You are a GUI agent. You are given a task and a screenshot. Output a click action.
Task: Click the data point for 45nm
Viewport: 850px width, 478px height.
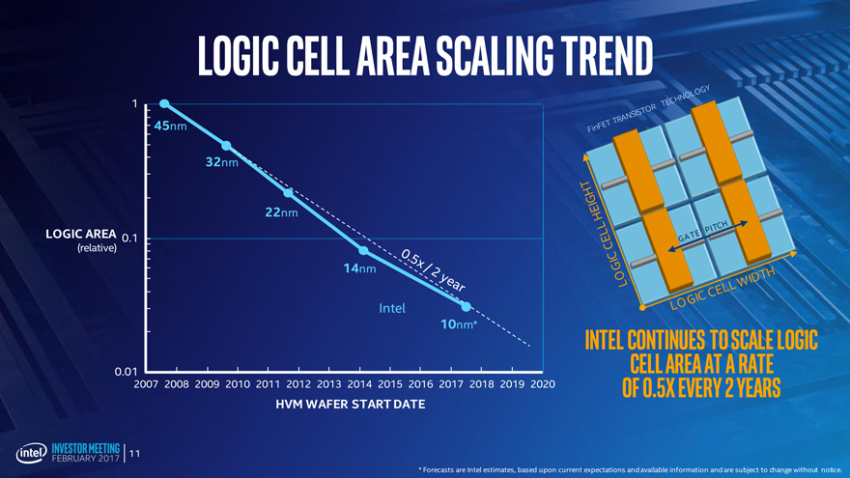coord(164,104)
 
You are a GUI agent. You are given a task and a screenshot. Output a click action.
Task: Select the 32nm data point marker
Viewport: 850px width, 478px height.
coord(226,146)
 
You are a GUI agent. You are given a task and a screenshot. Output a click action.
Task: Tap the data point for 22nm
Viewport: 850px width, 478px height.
coord(288,193)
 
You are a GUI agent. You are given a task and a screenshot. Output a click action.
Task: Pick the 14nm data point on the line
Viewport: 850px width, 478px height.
coord(363,250)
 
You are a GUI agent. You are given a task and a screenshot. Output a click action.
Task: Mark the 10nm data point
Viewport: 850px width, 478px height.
coord(467,306)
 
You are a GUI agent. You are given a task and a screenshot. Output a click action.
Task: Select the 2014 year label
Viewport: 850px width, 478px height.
coord(359,385)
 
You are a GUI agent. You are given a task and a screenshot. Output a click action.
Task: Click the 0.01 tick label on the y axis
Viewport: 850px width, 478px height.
coord(126,372)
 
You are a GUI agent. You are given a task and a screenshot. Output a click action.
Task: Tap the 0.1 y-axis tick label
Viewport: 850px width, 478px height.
coord(129,239)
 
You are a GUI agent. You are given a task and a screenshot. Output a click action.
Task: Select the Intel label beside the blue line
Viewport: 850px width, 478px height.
coord(391,309)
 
